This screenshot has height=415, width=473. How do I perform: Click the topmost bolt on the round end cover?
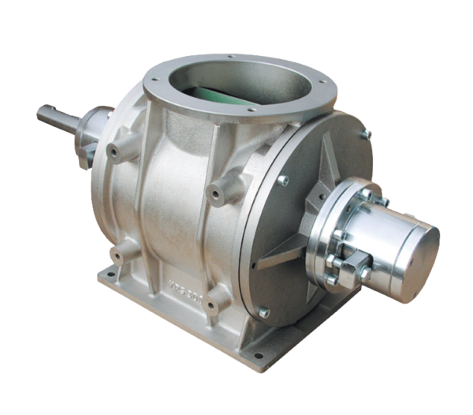point(365,135)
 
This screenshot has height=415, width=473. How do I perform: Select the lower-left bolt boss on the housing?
point(118,252)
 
